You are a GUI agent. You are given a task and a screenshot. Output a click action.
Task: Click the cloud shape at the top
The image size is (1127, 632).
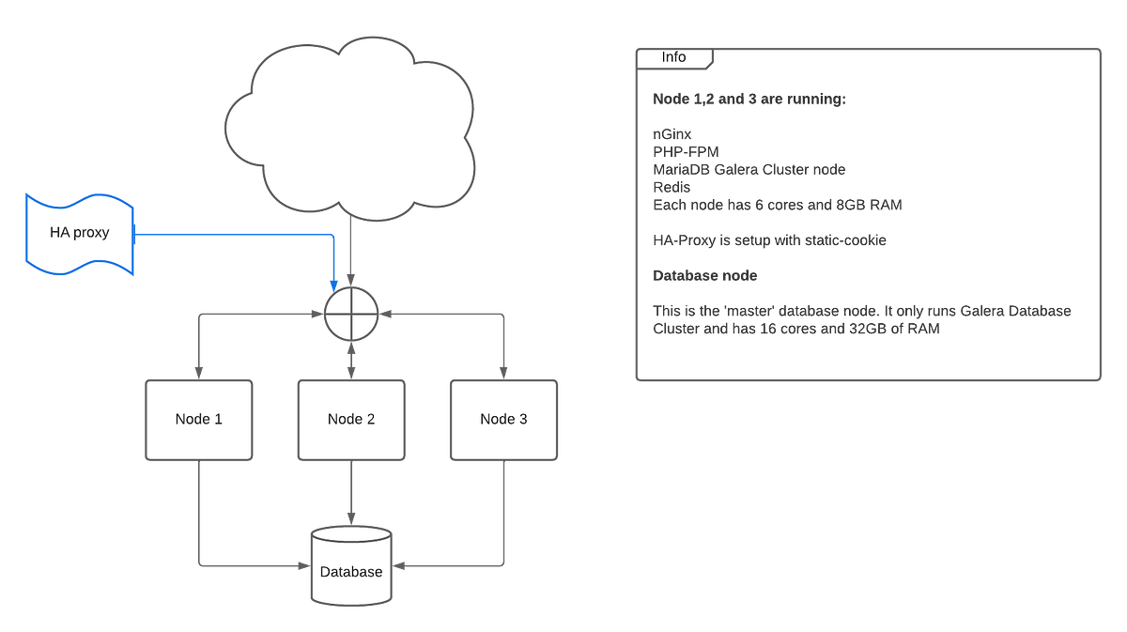pos(347,127)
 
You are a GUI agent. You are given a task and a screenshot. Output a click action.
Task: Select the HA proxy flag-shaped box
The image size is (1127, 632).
pos(80,233)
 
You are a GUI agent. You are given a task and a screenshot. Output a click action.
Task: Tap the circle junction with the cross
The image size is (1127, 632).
pos(351,314)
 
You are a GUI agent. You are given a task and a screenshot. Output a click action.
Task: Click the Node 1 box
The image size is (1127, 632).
pos(198,419)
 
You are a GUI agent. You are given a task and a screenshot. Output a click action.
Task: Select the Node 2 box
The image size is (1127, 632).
pos(351,419)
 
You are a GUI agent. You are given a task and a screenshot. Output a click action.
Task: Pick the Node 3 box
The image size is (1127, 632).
pos(503,419)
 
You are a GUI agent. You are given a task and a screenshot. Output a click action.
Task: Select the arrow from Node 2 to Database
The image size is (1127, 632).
pos(351,493)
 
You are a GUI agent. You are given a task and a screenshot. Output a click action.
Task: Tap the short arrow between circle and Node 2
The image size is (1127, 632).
pos(351,360)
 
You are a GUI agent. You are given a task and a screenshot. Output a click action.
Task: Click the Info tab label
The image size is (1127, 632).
pos(673,57)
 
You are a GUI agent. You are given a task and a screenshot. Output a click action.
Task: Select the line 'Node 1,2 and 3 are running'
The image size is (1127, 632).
pos(749,99)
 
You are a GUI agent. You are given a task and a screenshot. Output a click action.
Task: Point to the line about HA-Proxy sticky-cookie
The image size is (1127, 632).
pos(769,240)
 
